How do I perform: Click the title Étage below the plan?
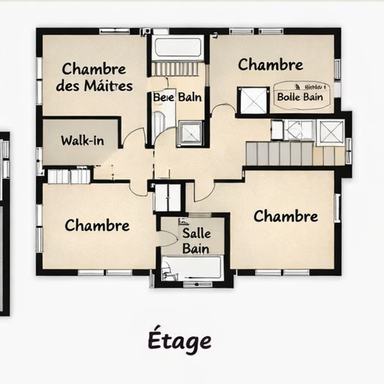tap(179, 340)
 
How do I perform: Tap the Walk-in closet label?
tap(82, 140)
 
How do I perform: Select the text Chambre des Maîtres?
tap(94, 76)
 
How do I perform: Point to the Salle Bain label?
tap(196, 240)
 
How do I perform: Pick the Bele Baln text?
tap(177, 97)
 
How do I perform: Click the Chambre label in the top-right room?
tap(271, 64)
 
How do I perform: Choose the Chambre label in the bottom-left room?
tap(97, 225)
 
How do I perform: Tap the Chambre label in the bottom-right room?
tap(286, 216)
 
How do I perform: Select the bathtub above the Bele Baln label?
tap(178, 48)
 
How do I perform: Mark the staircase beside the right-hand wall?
tap(279, 153)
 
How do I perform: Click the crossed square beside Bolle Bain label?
tap(253, 100)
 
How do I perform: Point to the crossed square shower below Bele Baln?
tap(190, 132)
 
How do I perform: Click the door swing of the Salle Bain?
tap(168, 238)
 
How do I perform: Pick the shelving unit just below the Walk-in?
tap(69, 176)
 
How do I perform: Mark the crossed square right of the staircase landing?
tap(331, 131)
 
